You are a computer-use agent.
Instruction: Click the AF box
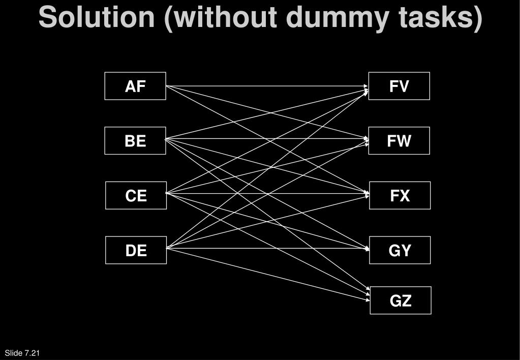click(135, 86)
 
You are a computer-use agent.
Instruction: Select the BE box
click(135, 141)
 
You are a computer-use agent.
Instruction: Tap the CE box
click(136, 195)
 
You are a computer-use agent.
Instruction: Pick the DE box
click(136, 250)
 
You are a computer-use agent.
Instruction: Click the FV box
click(399, 86)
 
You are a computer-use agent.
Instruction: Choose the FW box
click(399, 141)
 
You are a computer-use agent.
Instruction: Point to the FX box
click(400, 195)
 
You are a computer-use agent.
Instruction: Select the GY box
click(400, 250)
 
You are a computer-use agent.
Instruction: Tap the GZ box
click(400, 301)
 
